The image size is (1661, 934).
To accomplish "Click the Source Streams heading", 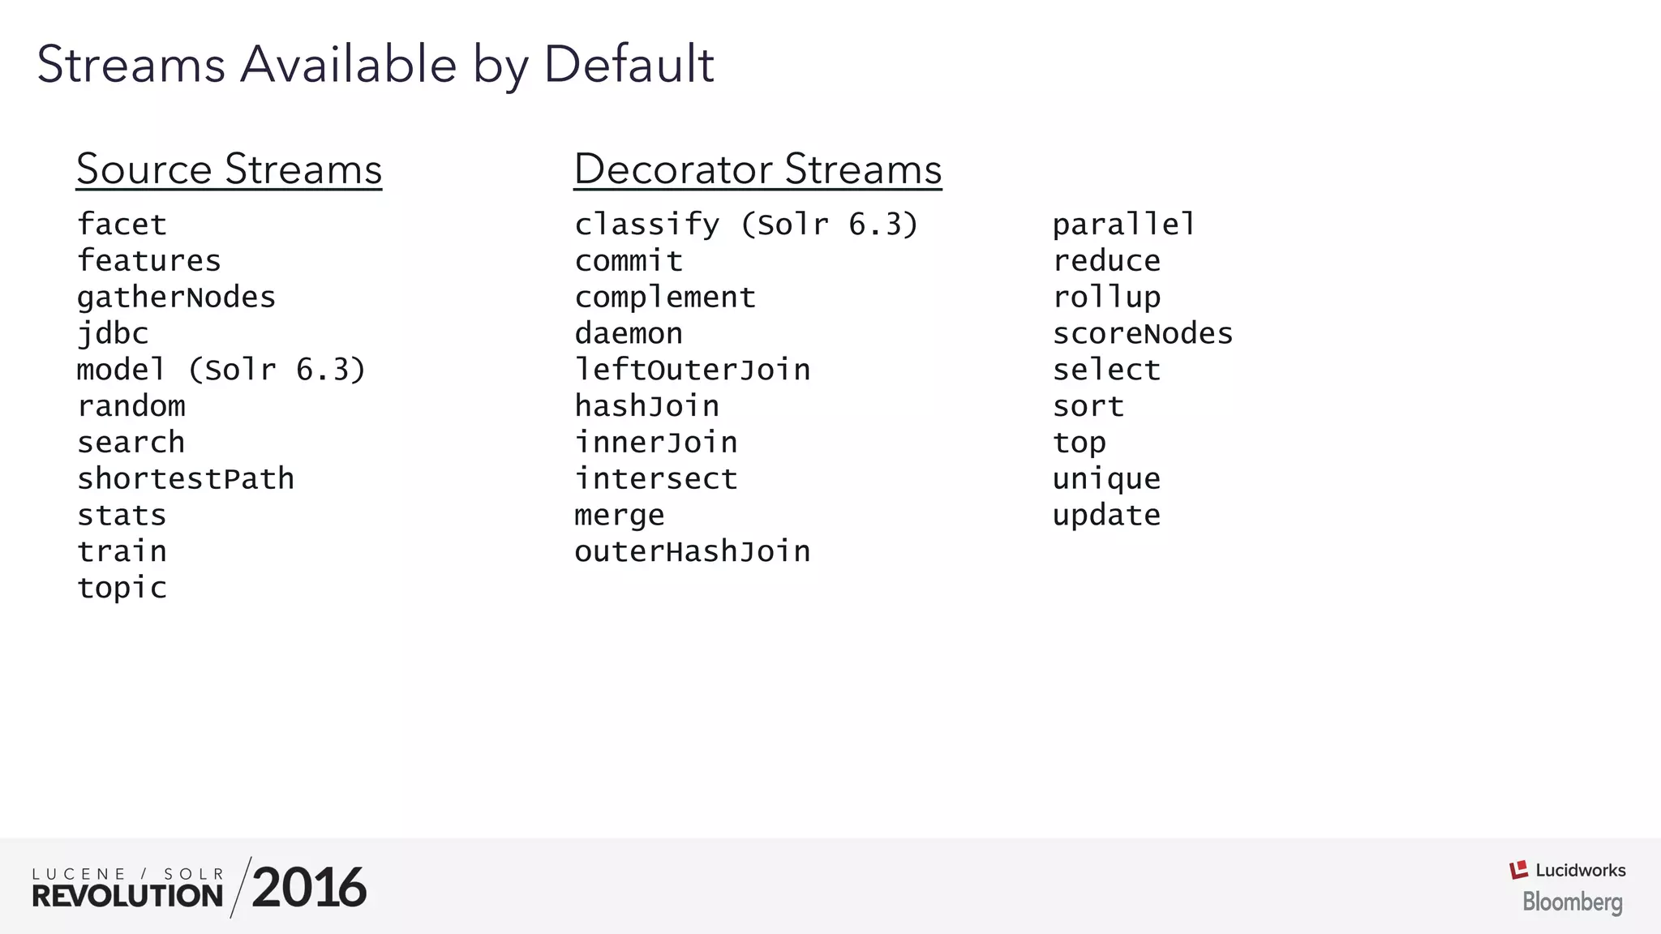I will (x=229, y=169).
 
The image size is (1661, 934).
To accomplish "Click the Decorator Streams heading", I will (x=758, y=169).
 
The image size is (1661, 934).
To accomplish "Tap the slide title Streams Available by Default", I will (x=376, y=64).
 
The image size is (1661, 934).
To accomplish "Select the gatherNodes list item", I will (x=176, y=298).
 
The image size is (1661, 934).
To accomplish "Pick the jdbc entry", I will (x=113, y=334).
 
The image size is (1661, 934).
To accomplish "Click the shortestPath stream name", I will (x=185, y=479).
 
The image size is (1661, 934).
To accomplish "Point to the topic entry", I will (x=122, y=588).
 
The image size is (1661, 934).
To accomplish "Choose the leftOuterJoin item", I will (x=692, y=370).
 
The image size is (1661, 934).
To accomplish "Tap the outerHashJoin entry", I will (x=692, y=551).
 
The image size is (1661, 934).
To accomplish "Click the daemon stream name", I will (x=629, y=334).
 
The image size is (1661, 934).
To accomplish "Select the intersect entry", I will (x=655, y=479).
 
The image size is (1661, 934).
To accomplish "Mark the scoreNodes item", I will (x=1142, y=334).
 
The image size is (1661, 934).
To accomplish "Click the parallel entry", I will (x=1124, y=225).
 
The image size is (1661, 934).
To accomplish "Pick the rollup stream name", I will (x=1106, y=298).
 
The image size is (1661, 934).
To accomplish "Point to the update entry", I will (x=1106, y=516).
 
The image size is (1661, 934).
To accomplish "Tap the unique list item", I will (x=1106, y=479).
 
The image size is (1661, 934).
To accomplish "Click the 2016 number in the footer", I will (x=309, y=888).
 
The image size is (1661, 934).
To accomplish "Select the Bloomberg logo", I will (x=1572, y=902).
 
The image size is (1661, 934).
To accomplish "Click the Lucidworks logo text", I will (x=1580, y=870).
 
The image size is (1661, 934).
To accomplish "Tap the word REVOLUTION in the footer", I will (x=127, y=896).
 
